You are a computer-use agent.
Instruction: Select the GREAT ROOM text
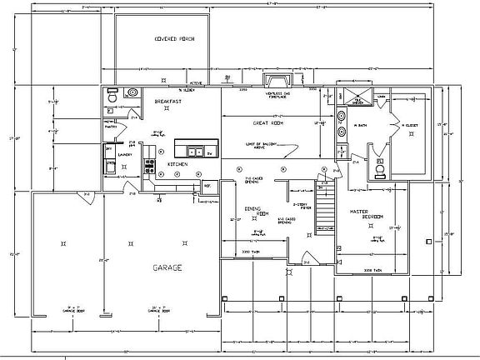pyautogui.click(x=269, y=122)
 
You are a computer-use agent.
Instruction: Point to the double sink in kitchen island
pyautogui.click(x=197, y=151)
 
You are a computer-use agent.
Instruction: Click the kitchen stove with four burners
pyautogui.click(x=150, y=167)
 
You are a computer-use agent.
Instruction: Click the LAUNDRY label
pyautogui.click(x=127, y=154)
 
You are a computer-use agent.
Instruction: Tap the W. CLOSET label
pyautogui.click(x=409, y=126)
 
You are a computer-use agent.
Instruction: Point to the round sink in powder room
pyautogui.click(x=134, y=92)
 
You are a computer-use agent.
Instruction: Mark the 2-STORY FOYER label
pyautogui.click(x=302, y=206)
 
